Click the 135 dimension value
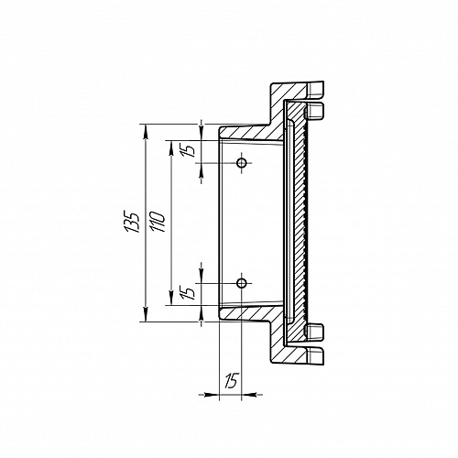[132, 222]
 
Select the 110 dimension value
[158, 222]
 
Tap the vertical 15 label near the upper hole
[190, 149]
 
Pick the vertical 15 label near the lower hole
[190, 292]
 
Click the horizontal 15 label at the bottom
[231, 380]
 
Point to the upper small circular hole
[242, 163]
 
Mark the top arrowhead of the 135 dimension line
[146, 132]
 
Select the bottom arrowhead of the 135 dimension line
[146, 314]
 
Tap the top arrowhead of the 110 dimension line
[171, 147]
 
